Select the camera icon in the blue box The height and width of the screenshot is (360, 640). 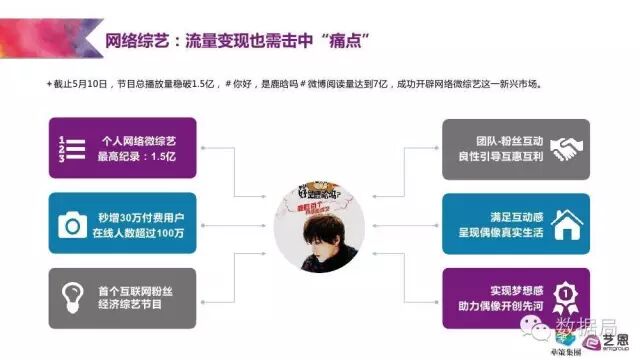click(x=73, y=224)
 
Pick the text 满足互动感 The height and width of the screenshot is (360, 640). click(x=500, y=216)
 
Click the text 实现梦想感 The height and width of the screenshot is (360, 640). click(x=500, y=291)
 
